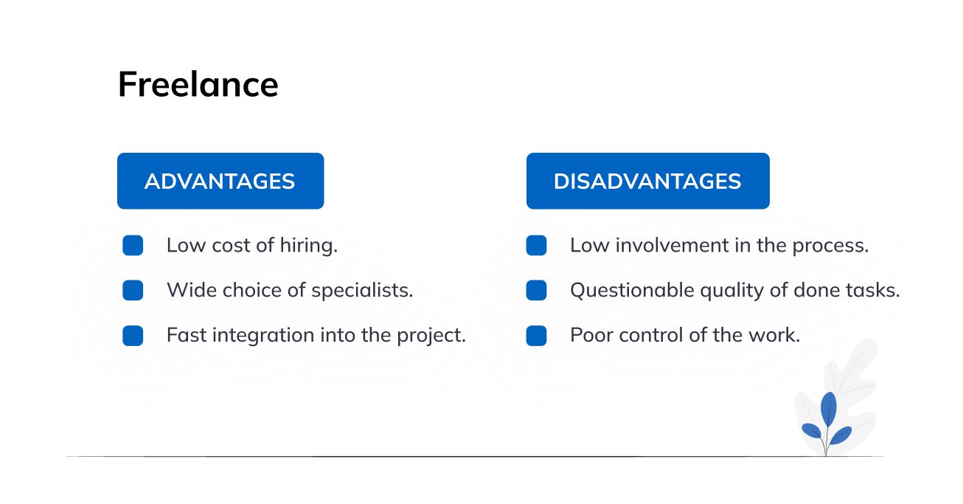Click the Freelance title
[x=198, y=84]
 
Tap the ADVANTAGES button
[x=220, y=181]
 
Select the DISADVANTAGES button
[x=648, y=181]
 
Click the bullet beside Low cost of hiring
[x=133, y=245]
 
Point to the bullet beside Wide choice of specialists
[x=133, y=290]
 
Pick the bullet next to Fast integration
[x=133, y=335]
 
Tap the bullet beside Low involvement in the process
[x=537, y=245]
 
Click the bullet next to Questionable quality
[x=537, y=290]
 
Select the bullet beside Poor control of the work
[x=537, y=335]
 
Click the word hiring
[x=309, y=246]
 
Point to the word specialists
[x=362, y=291]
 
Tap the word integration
[x=263, y=335]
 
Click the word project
[x=431, y=336]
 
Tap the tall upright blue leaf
[x=829, y=409]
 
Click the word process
[x=830, y=246]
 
